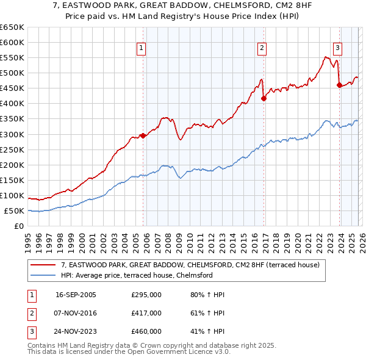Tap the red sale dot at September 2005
[x=143, y=135]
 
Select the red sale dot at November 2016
[x=264, y=98]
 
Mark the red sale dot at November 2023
[x=339, y=85]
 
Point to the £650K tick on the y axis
[x=12, y=27]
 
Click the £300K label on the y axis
[x=12, y=134]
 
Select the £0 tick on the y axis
[x=18, y=226]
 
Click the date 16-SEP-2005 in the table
[x=76, y=295]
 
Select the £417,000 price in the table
[x=146, y=313]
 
